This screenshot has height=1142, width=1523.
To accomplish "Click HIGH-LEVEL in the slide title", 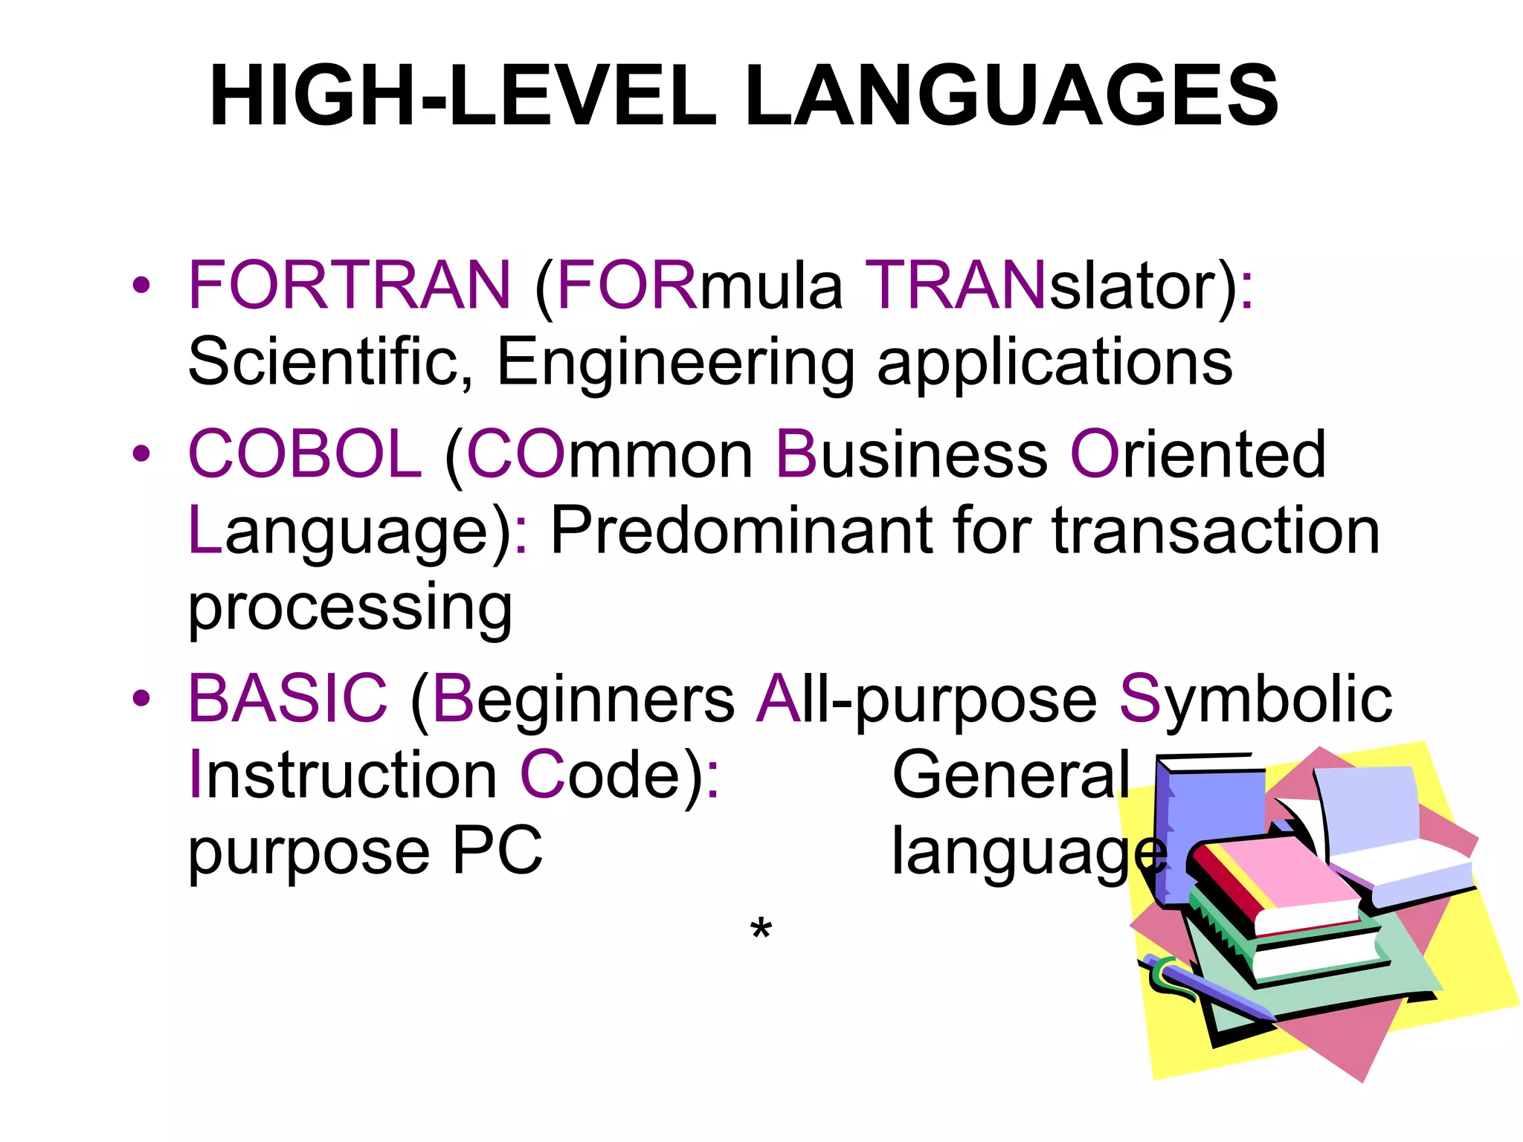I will (x=463, y=97).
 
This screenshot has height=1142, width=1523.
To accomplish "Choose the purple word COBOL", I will (x=305, y=454).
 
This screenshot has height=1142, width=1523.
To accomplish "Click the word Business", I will (x=911, y=454).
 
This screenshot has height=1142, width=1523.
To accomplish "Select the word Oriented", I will (x=1197, y=454).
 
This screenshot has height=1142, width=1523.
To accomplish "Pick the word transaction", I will (x=1216, y=531).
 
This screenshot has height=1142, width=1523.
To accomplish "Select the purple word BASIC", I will (x=288, y=699).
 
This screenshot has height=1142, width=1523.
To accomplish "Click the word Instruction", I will (x=343, y=775).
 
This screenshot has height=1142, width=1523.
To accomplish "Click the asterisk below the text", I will (x=761, y=929).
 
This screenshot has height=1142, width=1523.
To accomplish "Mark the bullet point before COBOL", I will (x=141, y=454).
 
